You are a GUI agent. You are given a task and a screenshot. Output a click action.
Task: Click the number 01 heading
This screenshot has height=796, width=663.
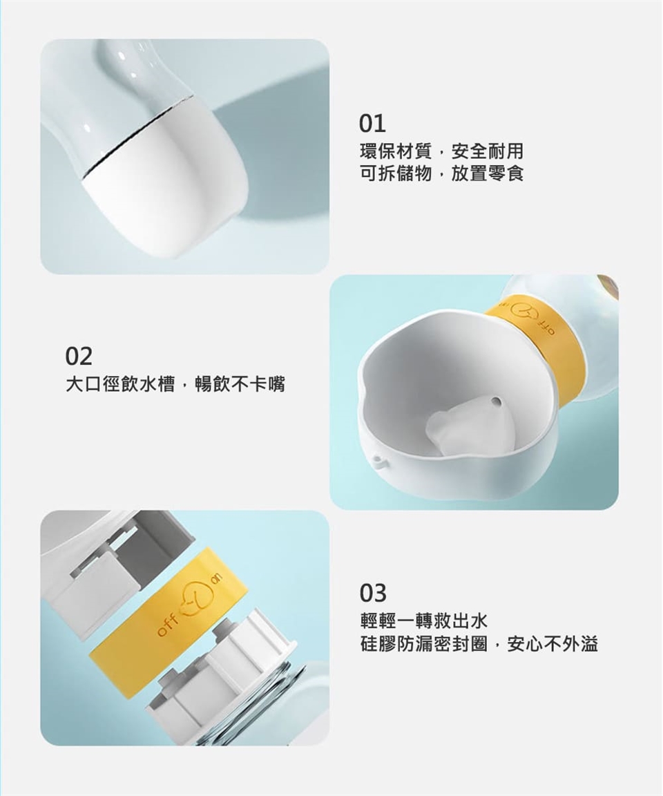point(373,124)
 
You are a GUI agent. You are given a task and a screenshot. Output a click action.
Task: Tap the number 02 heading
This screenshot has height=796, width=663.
point(79,357)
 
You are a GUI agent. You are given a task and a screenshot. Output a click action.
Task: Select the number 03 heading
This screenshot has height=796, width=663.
point(373,592)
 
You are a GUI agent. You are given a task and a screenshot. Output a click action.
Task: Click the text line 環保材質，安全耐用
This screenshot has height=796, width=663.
point(441,151)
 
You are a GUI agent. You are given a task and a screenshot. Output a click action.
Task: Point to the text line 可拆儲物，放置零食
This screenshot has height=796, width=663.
point(441,173)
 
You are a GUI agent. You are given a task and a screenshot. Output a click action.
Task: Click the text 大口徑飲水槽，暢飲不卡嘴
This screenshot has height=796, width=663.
point(175,383)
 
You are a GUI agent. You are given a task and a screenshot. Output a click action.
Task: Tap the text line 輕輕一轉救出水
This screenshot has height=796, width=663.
point(423,620)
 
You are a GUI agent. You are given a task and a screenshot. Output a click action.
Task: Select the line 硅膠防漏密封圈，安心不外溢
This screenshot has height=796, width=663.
point(479,644)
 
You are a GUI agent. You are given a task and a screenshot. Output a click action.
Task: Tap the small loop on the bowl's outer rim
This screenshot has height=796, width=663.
point(378,460)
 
